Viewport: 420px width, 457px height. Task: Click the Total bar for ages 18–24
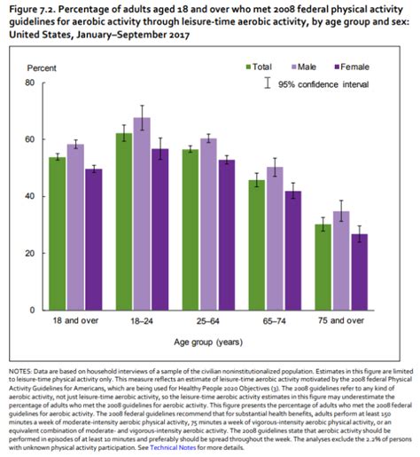coord(124,222)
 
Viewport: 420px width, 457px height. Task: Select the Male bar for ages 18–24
coord(141,214)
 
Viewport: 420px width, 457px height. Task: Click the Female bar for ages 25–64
coord(226,234)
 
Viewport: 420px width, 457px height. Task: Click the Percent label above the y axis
coord(41,67)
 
